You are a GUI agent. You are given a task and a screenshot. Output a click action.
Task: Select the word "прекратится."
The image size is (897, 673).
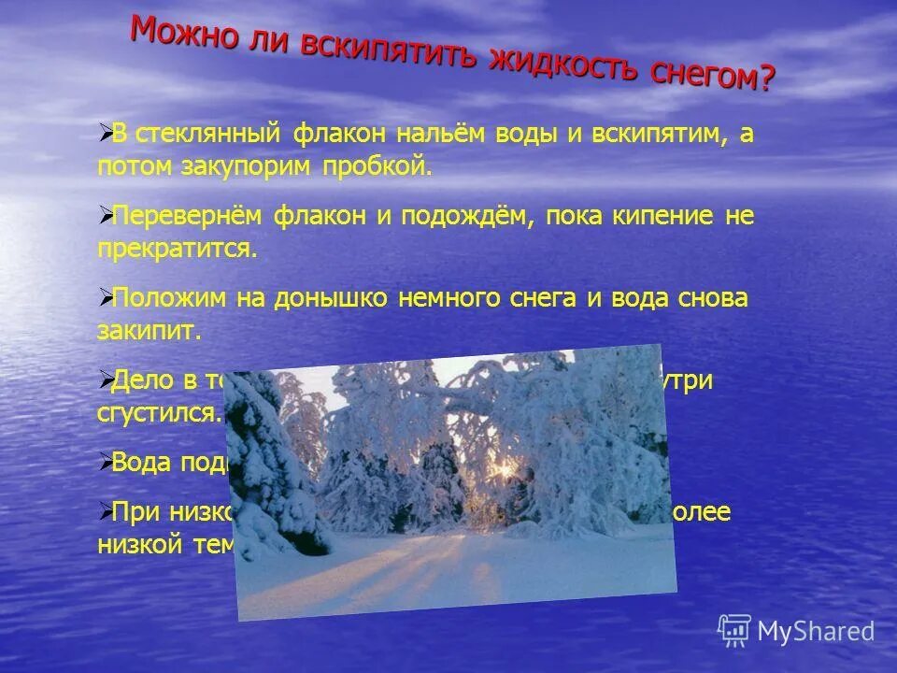tap(176, 250)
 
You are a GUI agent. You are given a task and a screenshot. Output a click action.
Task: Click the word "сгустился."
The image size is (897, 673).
tap(160, 414)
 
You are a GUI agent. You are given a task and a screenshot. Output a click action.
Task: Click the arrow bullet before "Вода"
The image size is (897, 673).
tap(105, 460)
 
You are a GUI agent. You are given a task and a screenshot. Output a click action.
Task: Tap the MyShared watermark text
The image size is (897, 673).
tap(816, 631)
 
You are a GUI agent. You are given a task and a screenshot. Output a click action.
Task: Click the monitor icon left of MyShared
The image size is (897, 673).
tap(734, 630)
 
